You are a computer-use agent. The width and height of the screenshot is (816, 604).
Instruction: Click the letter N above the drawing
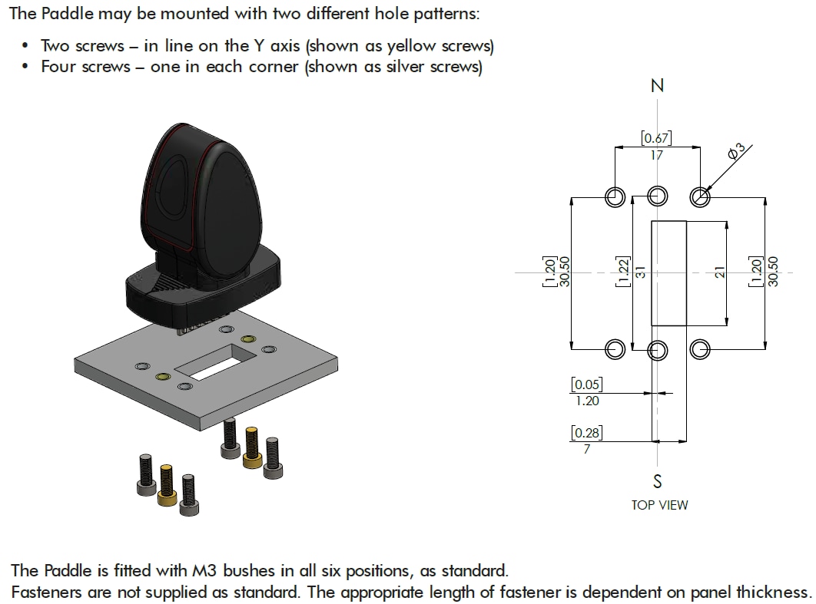tap(657, 86)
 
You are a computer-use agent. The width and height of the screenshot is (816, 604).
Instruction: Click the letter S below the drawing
tap(657, 481)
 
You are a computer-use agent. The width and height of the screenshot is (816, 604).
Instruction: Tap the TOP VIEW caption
tap(659, 505)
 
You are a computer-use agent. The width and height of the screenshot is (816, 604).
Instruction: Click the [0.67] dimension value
tap(656, 138)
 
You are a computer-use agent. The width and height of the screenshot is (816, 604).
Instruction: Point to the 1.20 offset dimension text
tap(586, 401)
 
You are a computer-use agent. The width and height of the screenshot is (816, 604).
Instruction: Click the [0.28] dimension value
tap(586, 434)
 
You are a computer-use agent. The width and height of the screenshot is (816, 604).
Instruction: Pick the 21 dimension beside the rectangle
tap(719, 273)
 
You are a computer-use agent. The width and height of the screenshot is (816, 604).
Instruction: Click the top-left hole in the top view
tap(614, 197)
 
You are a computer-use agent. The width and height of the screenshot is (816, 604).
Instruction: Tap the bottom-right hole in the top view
tap(699, 350)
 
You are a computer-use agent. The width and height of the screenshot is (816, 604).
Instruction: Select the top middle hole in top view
tap(656, 197)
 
